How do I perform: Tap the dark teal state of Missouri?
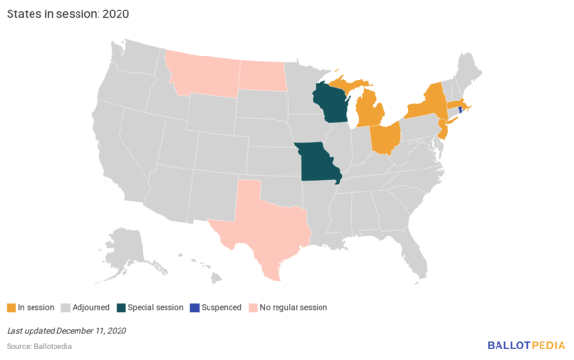pos(319,164)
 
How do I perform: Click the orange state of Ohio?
pos(384,137)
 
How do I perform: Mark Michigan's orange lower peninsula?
pos(368,115)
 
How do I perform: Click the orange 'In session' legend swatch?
pos(11,307)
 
